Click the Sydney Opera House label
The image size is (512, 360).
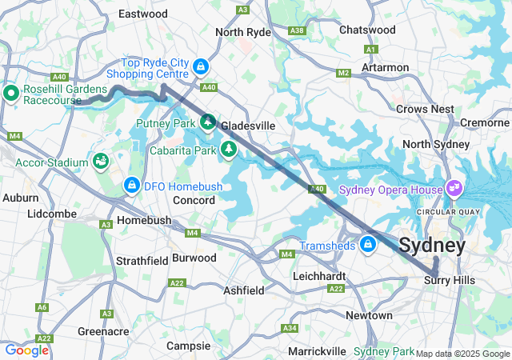coord(390,190)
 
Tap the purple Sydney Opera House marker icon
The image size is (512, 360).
coord(454,189)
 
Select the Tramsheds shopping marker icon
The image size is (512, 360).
coord(368,244)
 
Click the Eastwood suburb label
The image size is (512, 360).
coord(143,14)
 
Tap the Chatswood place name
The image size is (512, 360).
coord(367,30)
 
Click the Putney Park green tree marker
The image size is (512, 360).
coord(208,122)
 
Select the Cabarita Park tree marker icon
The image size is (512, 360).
coord(230,148)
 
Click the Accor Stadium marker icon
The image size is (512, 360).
coord(101,162)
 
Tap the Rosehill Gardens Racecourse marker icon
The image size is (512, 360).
coord(11,93)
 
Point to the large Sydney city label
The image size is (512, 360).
coord(432,245)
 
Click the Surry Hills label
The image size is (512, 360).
coord(449,280)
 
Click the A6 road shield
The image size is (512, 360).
coord(42,307)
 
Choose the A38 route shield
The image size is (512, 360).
coord(298,30)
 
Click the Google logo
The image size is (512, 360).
coord(26,350)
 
